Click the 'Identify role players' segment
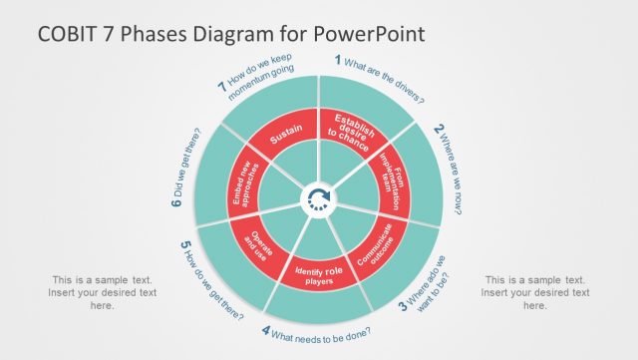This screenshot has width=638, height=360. (x=319, y=270)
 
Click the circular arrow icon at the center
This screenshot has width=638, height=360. (x=319, y=197)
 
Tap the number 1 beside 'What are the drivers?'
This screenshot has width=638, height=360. (x=337, y=60)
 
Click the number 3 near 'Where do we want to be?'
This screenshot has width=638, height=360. (x=403, y=306)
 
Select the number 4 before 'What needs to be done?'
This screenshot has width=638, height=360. (x=266, y=331)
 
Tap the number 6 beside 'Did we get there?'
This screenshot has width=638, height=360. (x=175, y=204)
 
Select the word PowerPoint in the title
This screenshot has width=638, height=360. (x=369, y=33)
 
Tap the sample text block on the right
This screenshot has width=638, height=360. (x=535, y=292)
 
